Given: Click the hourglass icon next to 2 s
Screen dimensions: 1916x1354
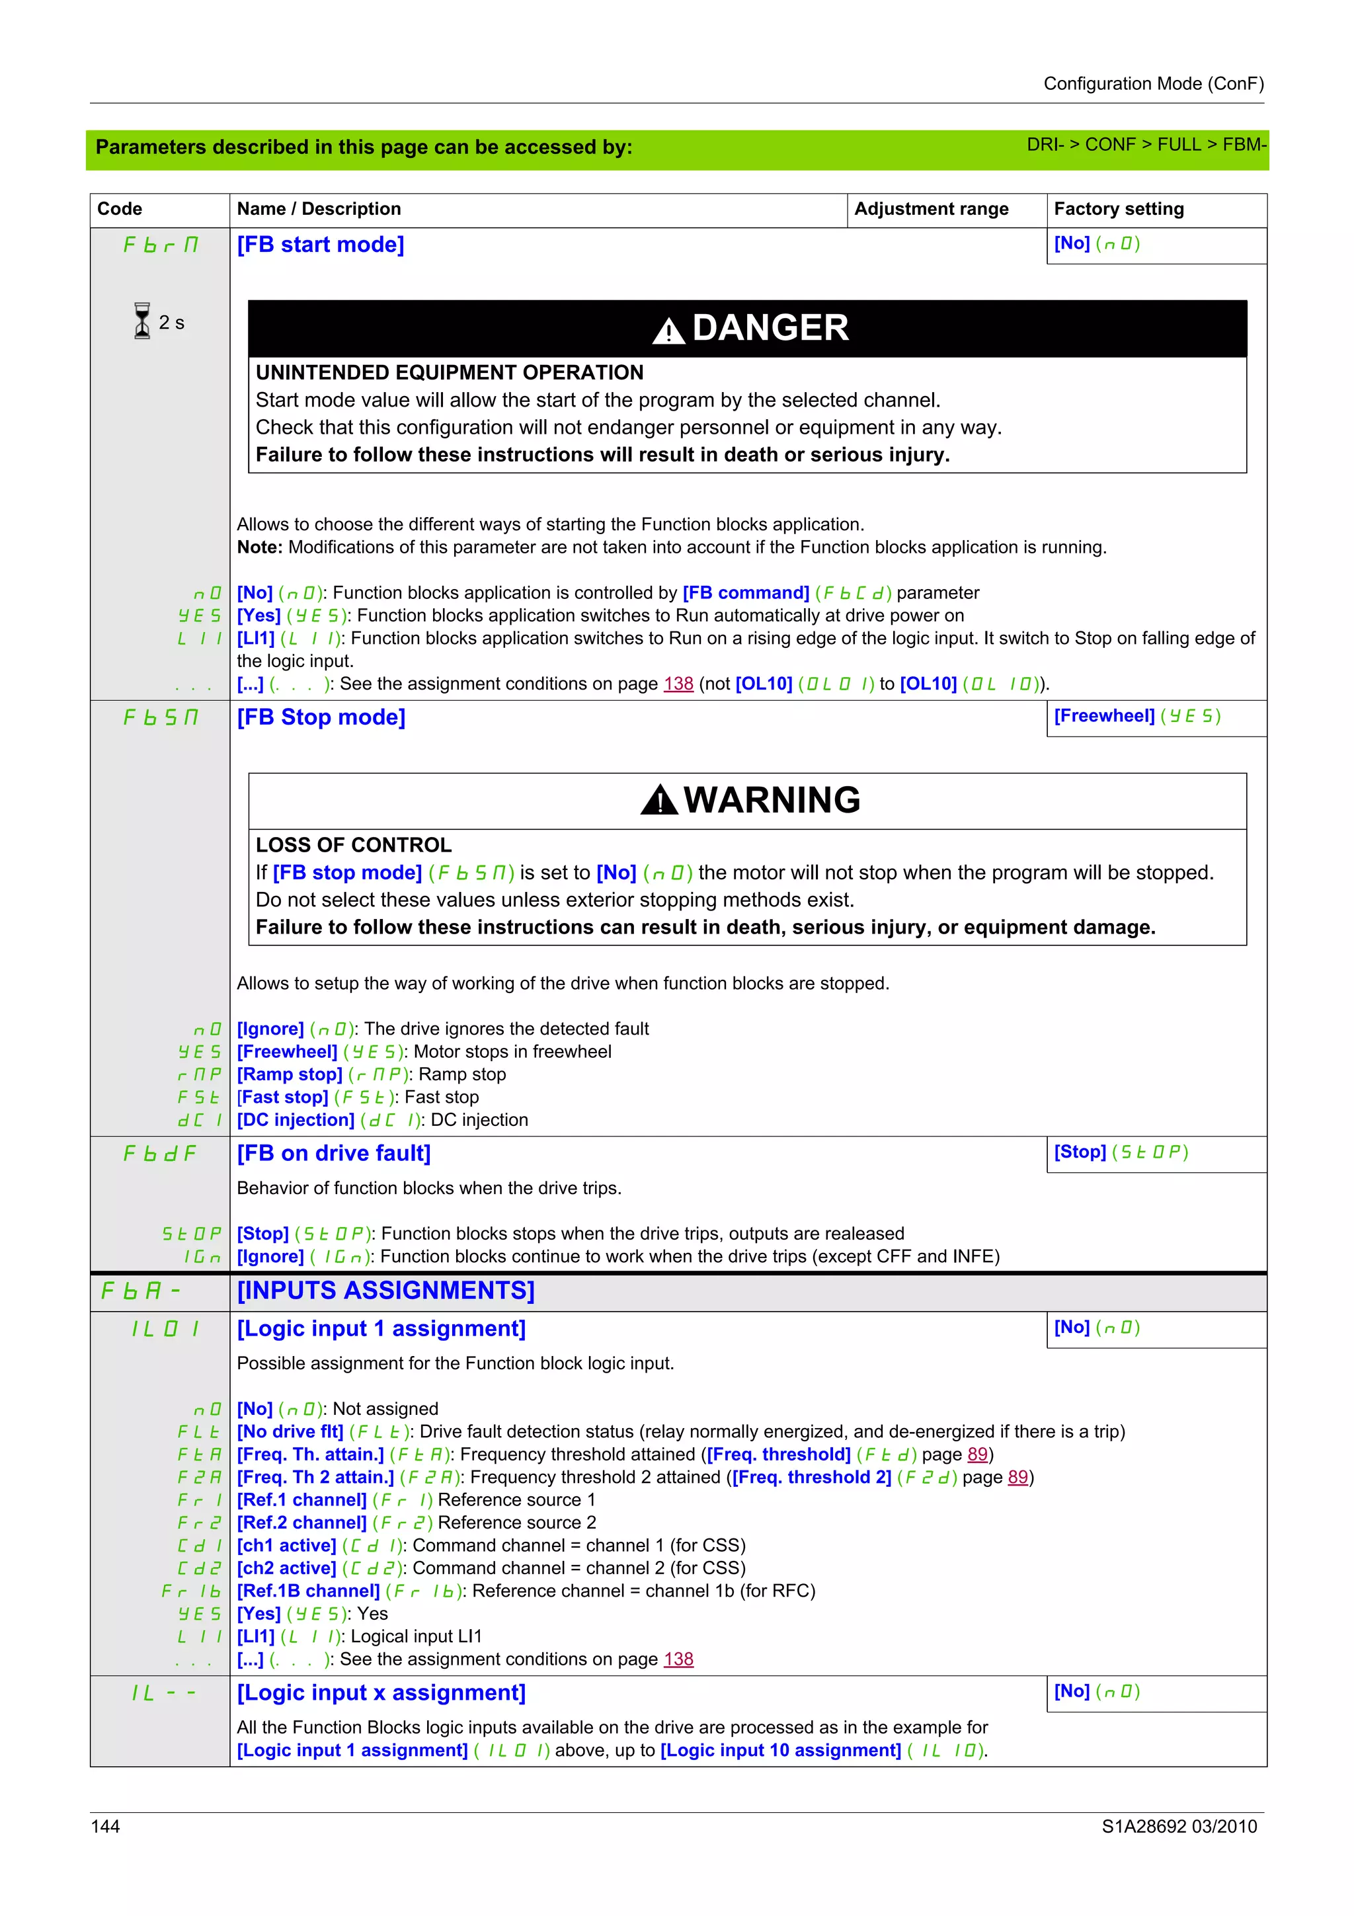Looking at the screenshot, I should tap(142, 321).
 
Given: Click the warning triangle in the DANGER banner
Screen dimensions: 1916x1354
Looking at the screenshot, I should tap(668, 331).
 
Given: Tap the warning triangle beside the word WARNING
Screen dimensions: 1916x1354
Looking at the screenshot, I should tap(659, 801).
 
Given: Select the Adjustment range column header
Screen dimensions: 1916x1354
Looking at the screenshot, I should tap(931, 209).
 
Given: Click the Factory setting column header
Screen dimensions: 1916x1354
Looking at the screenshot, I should tap(1118, 209).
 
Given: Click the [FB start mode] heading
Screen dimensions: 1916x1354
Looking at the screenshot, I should tap(321, 245).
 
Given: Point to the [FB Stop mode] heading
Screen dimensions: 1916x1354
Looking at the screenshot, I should tap(321, 717).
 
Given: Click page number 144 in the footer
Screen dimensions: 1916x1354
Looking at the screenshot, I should tap(105, 1826).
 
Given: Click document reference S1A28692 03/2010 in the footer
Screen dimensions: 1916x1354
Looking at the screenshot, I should tap(1179, 1826).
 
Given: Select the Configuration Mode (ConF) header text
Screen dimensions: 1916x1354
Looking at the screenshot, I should tap(1153, 83).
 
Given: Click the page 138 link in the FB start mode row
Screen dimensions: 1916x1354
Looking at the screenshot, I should tap(678, 684).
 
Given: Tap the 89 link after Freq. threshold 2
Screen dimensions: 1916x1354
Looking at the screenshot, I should tap(1017, 1477).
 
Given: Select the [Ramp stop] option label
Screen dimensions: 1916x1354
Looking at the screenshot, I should tap(290, 1075).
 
